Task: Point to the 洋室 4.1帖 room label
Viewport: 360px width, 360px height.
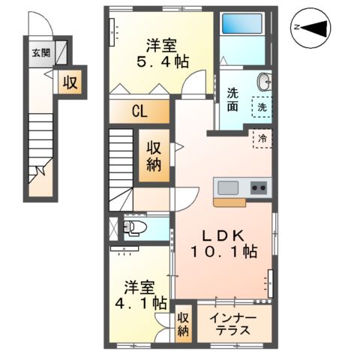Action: click(x=145, y=295)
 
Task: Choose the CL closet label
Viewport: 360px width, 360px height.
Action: click(x=139, y=112)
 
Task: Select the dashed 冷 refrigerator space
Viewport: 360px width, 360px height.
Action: click(x=263, y=138)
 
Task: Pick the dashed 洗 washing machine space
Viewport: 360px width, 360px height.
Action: click(x=262, y=107)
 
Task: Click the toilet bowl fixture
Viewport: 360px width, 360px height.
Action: click(x=135, y=227)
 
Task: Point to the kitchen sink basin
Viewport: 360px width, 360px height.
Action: click(x=227, y=187)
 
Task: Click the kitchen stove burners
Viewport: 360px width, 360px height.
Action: click(x=259, y=187)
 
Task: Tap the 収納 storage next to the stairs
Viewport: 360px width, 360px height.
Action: click(x=154, y=156)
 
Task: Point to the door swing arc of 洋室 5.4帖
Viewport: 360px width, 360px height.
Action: click(x=193, y=84)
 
